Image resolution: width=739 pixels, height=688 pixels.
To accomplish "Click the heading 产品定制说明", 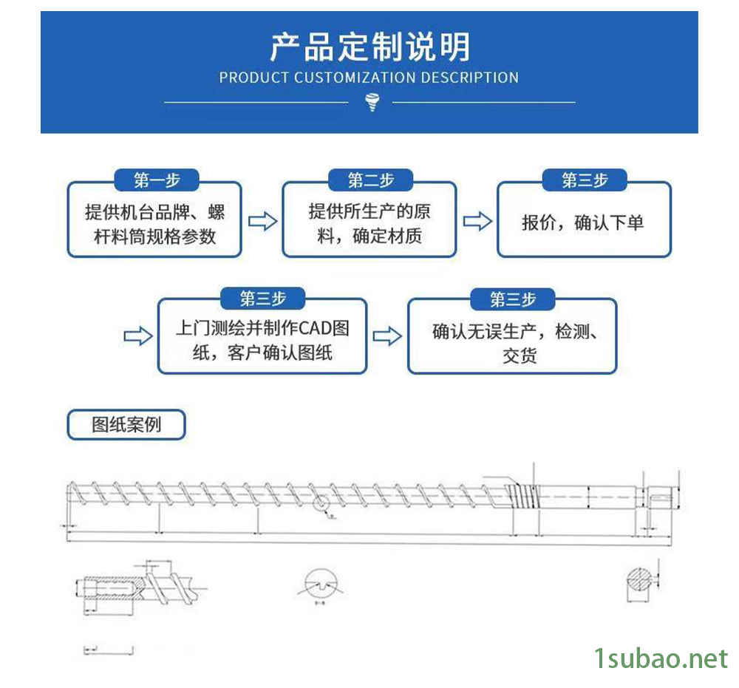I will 369,47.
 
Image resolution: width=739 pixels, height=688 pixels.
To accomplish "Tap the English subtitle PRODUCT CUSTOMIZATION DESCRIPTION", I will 369,78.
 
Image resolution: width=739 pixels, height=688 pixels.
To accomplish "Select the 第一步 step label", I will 157,180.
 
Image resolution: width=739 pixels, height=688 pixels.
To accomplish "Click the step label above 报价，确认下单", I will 585,180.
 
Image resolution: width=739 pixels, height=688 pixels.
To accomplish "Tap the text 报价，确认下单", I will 583,222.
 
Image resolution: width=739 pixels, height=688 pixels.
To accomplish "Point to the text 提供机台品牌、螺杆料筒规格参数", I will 155,225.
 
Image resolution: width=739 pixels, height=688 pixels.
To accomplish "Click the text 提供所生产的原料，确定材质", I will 369,225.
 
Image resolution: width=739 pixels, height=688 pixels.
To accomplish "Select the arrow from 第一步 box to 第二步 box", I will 262,221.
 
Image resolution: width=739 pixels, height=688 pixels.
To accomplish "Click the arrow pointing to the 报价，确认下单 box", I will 477,221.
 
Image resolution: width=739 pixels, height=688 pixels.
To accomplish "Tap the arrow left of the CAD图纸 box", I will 138,337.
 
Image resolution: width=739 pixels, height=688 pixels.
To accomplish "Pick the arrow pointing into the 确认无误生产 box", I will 387,337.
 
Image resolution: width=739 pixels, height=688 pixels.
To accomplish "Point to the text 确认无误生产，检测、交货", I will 514,343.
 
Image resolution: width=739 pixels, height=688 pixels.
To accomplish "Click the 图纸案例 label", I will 126,425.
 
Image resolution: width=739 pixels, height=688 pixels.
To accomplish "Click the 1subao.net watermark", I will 661,658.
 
